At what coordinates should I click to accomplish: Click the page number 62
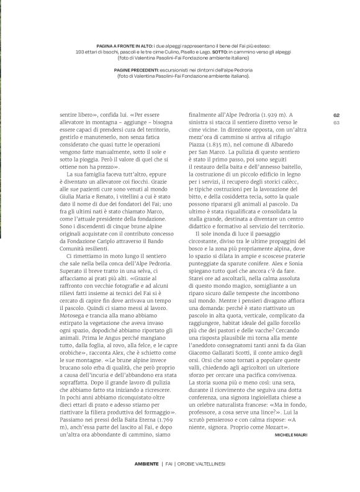coord(336,114)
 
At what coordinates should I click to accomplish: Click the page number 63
coord(336,122)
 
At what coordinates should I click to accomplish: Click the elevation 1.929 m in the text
coord(268,114)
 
